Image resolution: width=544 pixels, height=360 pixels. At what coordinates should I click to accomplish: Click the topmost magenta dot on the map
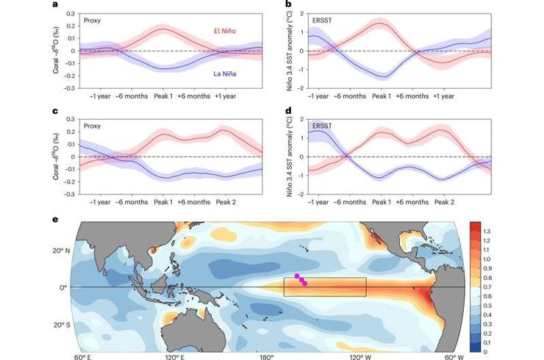pyautogui.click(x=297, y=276)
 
